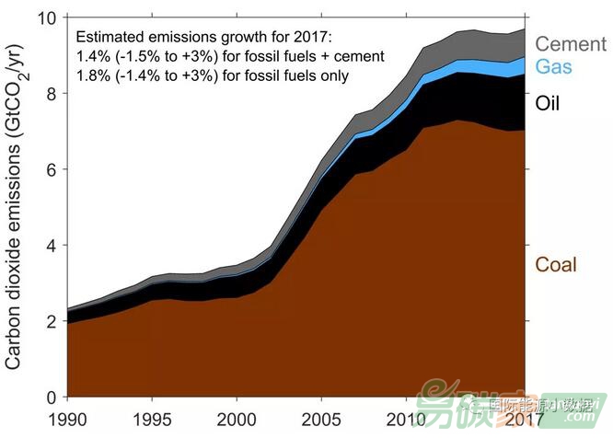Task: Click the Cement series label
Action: pos(570,43)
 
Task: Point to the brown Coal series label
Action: pos(556,265)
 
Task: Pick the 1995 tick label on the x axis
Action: pos(152,420)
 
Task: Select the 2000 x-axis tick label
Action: pos(237,420)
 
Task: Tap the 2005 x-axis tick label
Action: pos(321,420)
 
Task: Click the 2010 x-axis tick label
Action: pos(406,420)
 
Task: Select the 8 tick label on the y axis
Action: pos(52,94)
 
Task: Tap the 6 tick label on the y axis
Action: pos(52,170)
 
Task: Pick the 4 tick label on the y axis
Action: pos(52,246)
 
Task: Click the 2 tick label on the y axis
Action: pos(52,321)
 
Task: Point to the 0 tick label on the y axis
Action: pos(52,397)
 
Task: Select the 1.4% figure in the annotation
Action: pos(94,57)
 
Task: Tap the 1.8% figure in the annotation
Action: pos(94,76)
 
